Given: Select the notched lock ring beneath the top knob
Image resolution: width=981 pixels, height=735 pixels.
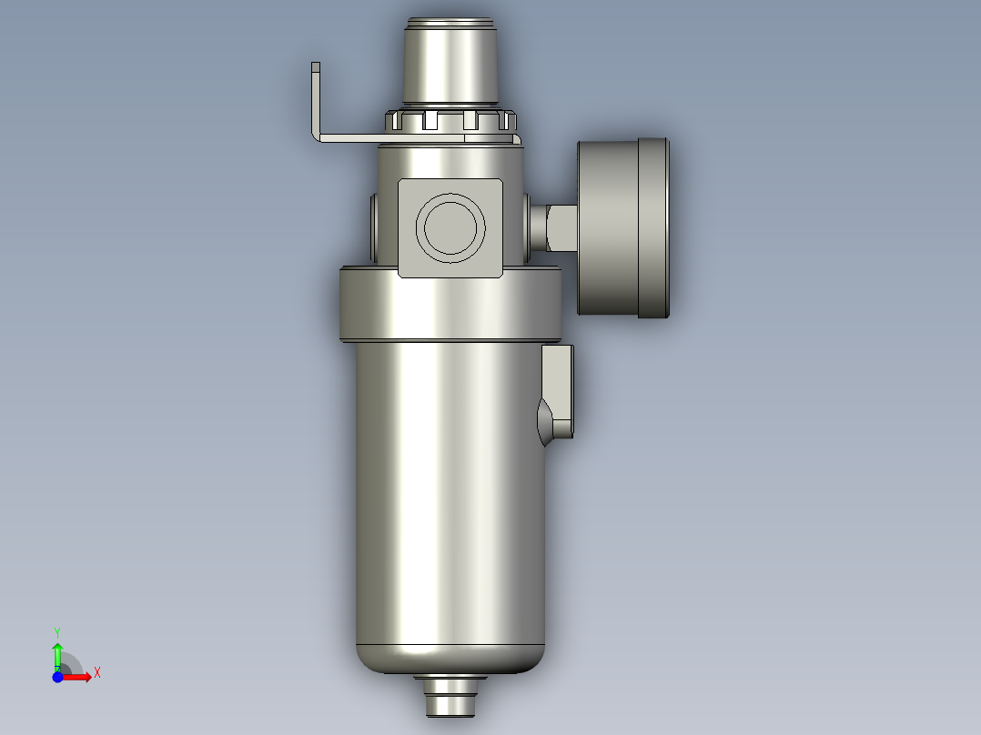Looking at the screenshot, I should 450,120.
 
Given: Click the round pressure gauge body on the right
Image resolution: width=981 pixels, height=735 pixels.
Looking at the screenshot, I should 609,227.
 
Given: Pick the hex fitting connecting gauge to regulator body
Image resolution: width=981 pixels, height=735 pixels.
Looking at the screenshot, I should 558,227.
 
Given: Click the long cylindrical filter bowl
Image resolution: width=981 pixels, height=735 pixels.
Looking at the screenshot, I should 450,491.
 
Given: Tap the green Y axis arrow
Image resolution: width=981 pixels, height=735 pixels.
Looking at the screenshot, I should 57,653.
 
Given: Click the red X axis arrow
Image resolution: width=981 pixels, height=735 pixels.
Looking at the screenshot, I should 79,676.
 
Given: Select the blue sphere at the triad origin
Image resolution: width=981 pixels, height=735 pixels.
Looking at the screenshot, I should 57,676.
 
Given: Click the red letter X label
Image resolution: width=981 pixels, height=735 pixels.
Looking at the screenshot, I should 96,673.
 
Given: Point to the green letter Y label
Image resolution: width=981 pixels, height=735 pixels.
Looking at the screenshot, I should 56,631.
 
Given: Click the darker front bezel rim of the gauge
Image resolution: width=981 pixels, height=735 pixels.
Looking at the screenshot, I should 653,227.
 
